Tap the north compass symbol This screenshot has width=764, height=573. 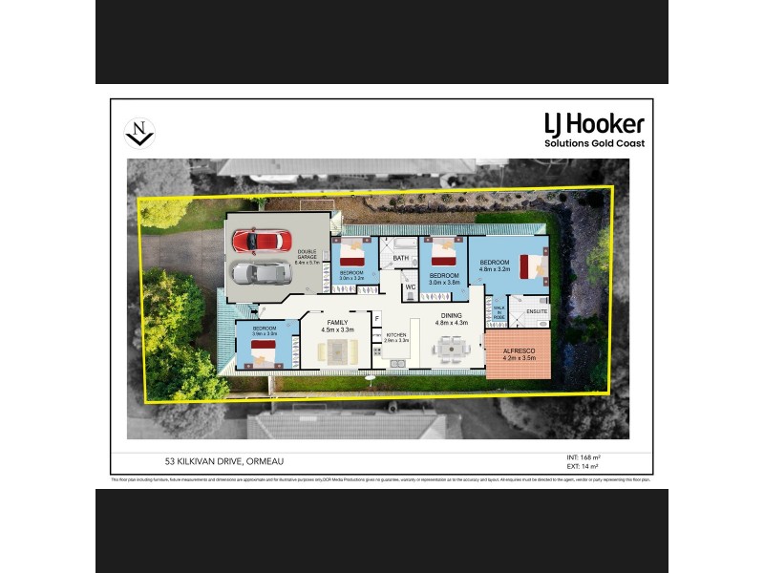tap(140, 133)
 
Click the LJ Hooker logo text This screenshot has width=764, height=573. tap(594, 124)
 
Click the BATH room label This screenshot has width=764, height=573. tap(401, 258)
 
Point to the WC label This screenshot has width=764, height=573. tap(409, 286)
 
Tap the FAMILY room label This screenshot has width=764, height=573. tap(338, 324)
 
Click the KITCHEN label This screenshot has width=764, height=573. tap(395, 335)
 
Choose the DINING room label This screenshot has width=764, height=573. tap(452, 316)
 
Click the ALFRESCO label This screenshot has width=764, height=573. tap(519, 352)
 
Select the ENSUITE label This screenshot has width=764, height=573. tap(537, 311)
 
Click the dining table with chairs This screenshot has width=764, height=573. tap(452, 350)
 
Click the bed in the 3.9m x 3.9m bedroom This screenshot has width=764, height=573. tap(263, 355)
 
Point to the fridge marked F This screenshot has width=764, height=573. tap(377, 317)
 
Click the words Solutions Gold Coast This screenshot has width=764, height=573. tap(594, 143)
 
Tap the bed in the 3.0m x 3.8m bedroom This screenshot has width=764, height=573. tap(443, 257)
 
